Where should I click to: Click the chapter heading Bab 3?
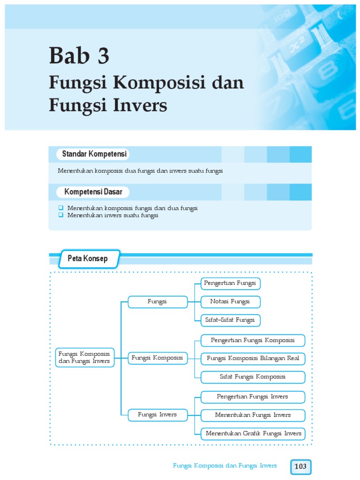pyautogui.click(x=79, y=56)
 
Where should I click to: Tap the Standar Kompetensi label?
pyautogui.click(x=92, y=154)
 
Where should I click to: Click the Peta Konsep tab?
pyautogui.click(x=88, y=259)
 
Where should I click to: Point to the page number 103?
pyautogui.click(x=300, y=466)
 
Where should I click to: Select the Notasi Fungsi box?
pyautogui.click(x=230, y=301)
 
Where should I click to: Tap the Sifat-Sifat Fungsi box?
pyautogui.click(x=230, y=320)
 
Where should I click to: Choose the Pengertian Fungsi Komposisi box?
pyautogui.click(x=253, y=340)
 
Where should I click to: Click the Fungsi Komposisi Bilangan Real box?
pyautogui.click(x=253, y=359)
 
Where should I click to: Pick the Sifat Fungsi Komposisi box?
pyautogui.click(x=253, y=377)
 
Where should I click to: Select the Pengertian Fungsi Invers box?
pyautogui.click(x=253, y=397)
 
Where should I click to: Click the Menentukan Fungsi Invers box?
pyautogui.click(x=253, y=415)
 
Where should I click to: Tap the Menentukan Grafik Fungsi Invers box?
pyautogui.click(x=253, y=434)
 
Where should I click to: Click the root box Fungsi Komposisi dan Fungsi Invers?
pyautogui.click(x=84, y=357)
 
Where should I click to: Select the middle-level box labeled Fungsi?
pyautogui.click(x=157, y=301)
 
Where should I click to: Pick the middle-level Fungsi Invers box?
pyautogui.click(x=157, y=415)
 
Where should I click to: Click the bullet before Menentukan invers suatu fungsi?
pyautogui.click(x=60, y=215)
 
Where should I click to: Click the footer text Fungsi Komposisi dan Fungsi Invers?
pyautogui.click(x=225, y=465)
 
